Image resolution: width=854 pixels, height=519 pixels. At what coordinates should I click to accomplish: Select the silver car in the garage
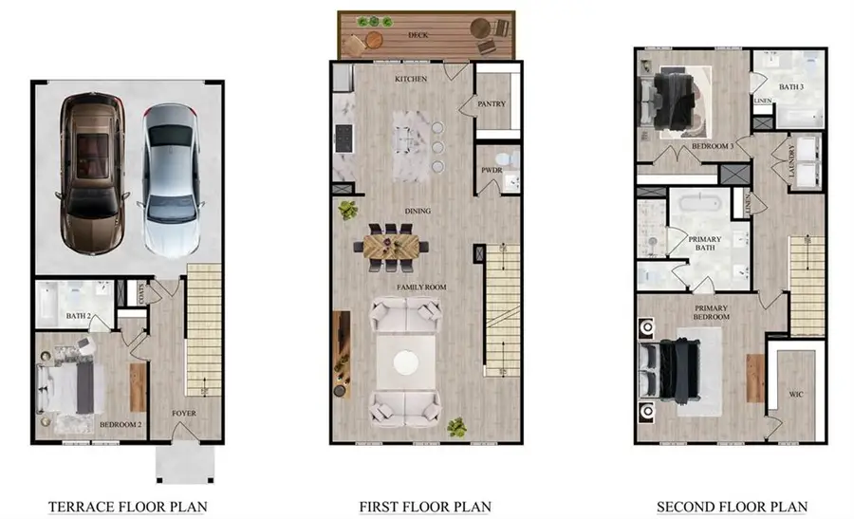[170, 181]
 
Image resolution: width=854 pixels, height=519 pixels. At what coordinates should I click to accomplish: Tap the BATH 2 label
[79, 316]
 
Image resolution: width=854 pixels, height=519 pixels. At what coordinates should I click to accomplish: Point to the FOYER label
[184, 414]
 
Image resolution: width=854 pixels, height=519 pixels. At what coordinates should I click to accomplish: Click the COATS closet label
[141, 293]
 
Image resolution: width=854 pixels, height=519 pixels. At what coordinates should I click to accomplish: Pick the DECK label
[418, 35]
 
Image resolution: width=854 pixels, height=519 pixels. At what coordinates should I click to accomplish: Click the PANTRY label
[492, 104]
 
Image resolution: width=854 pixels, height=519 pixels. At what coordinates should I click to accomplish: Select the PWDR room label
[492, 170]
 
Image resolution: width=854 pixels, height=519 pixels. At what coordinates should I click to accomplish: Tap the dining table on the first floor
[391, 248]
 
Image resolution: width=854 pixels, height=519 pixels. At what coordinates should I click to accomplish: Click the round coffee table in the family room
[406, 362]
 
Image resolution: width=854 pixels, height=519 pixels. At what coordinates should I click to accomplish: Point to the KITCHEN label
[411, 79]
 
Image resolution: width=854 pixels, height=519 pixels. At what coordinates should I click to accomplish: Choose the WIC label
[796, 395]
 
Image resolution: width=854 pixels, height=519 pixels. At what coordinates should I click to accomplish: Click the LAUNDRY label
[792, 160]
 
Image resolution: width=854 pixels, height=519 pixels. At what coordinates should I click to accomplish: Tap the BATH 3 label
[791, 87]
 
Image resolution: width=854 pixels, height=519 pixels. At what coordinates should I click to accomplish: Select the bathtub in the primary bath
[700, 204]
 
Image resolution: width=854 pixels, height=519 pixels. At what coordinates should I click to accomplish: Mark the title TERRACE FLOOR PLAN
[127, 507]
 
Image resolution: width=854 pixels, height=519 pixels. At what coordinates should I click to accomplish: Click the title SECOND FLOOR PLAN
[732, 507]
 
